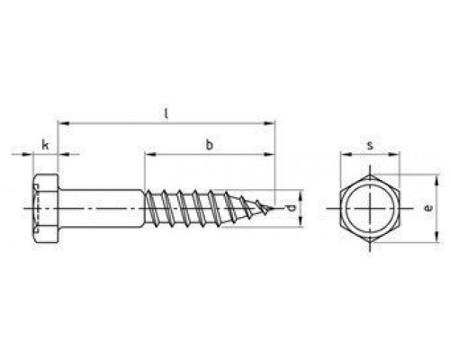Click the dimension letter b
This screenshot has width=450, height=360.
coord(210,144)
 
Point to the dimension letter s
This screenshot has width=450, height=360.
coord(369,144)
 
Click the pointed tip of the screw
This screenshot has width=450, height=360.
coord(272,209)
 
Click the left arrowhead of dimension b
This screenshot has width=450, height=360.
coord(147,154)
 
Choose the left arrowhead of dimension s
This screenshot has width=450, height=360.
coord(342,154)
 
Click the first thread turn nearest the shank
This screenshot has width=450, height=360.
coord(153,209)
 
